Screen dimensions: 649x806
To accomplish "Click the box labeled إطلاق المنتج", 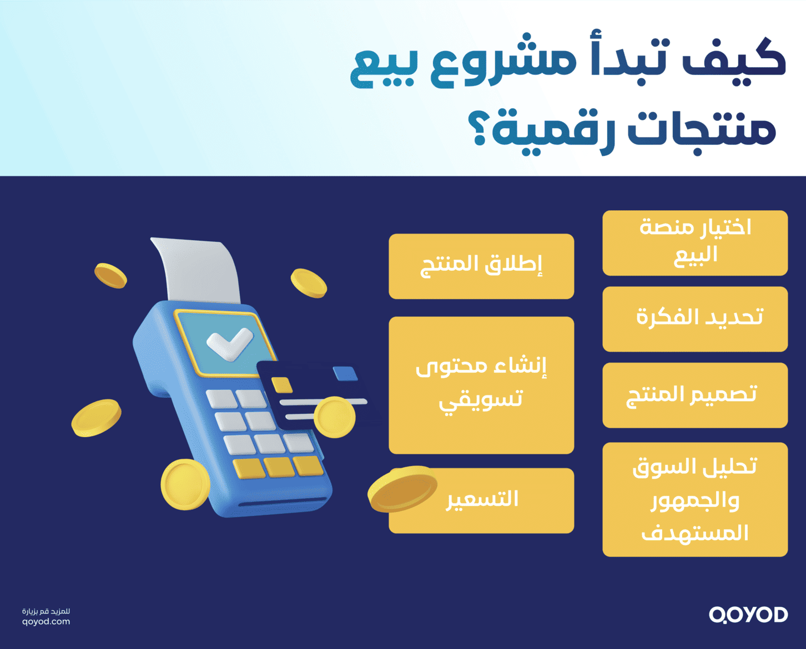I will [481, 266].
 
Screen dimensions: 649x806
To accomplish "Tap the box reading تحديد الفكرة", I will [695, 319].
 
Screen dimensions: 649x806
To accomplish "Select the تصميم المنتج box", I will [695, 395].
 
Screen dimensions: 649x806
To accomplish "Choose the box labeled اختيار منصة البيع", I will [695, 243].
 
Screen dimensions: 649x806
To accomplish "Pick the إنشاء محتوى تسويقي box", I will [481, 385].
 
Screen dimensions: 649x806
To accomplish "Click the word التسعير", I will [482, 499].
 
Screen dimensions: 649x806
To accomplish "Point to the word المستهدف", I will [695, 533].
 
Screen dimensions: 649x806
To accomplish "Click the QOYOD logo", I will [748, 615].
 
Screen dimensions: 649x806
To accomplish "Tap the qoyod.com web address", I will [46, 622].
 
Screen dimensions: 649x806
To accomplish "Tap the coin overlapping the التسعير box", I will [403, 489].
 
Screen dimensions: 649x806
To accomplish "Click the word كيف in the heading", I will [733, 58].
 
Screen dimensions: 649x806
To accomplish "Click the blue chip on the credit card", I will [345, 374].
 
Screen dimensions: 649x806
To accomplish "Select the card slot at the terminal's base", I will [283, 503].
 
